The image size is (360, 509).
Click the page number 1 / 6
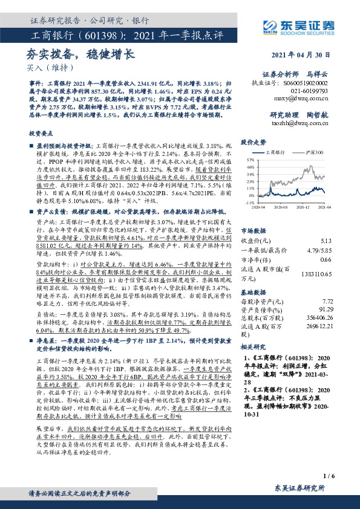329,477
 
